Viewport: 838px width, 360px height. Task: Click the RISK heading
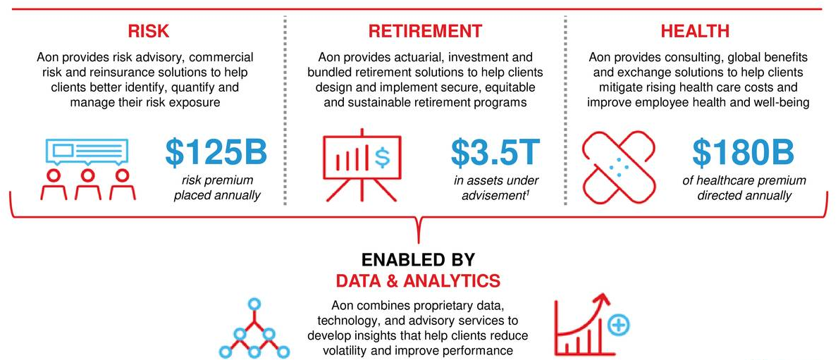pyautogui.click(x=149, y=30)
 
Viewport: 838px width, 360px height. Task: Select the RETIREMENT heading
pyautogui.click(x=425, y=30)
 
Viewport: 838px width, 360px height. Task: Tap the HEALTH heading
pyautogui.click(x=695, y=30)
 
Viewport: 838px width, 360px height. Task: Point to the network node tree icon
pyautogui.click(x=254, y=328)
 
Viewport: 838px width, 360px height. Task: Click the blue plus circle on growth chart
pyautogui.click(x=619, y=325)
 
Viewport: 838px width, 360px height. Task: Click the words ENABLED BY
pyautogui.click(x=418, y=260)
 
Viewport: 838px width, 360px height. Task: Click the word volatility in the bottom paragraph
pyautogui.click(x=345, y=350)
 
